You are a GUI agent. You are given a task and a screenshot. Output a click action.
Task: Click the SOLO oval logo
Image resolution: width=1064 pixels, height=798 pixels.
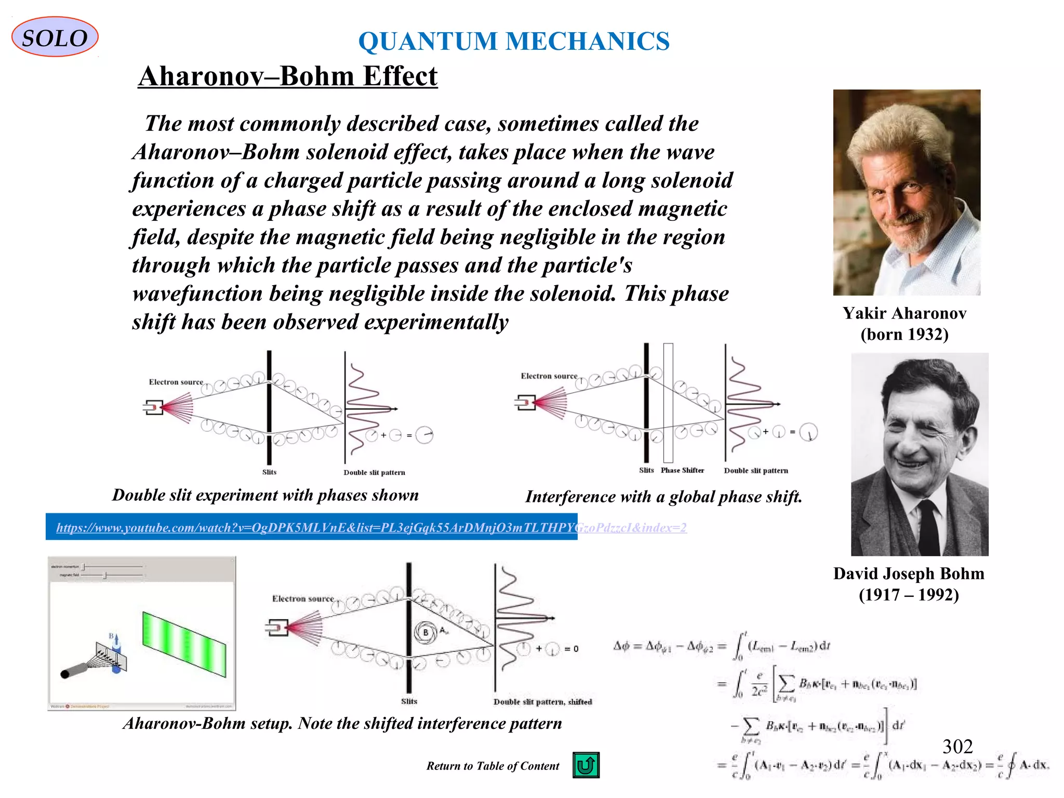(55, 37)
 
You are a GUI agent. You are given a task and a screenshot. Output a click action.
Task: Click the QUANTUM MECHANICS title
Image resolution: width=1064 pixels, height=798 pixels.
(514, 41)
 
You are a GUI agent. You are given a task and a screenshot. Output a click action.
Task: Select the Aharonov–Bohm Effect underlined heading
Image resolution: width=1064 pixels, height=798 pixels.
(287, 76)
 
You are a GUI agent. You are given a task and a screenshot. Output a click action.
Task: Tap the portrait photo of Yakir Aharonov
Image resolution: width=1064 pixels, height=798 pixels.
(907, 192)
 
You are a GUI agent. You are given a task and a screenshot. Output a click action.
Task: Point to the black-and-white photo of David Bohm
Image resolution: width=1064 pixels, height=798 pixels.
(919, 454)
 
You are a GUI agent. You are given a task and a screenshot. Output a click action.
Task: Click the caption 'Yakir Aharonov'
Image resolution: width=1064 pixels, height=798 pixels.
(904, 313)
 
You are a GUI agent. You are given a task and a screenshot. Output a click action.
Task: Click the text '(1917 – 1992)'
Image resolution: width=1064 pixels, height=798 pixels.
(908, 594)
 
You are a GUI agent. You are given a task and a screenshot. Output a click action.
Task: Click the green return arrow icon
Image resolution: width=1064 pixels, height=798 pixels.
(586, 765)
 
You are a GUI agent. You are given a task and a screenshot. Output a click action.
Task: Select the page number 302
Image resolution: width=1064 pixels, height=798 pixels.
(957, 747)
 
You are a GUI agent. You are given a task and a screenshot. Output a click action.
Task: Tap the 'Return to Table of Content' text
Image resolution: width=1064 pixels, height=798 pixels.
(493, 766)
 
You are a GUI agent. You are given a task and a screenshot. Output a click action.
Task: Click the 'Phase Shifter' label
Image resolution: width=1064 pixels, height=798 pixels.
(682, 470)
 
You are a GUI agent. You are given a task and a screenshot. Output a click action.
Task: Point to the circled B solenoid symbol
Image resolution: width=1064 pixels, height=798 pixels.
(425, 632)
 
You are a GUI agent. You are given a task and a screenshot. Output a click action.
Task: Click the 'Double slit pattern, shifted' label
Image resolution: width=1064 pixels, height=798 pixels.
(542, 701)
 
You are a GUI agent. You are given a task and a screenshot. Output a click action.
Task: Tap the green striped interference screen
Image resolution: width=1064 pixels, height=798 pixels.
(184, 644)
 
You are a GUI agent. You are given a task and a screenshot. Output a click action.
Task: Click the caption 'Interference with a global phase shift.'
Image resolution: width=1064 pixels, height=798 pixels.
(663, 497)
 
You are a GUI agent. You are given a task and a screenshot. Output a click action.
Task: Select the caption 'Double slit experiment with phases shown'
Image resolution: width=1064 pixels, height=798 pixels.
(265, 495)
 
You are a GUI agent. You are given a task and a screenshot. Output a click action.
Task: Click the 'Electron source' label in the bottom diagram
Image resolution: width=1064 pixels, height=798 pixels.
(303, 598)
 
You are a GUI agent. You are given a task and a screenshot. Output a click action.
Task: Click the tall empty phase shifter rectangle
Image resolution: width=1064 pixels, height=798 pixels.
(668, 403)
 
